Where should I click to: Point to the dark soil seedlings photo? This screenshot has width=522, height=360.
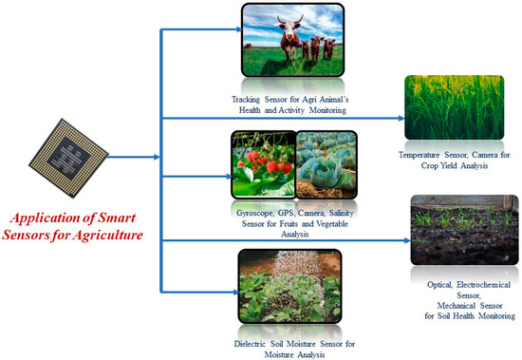click(x=464, y=229)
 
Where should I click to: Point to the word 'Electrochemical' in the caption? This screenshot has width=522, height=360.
click(x=467, y=284)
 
